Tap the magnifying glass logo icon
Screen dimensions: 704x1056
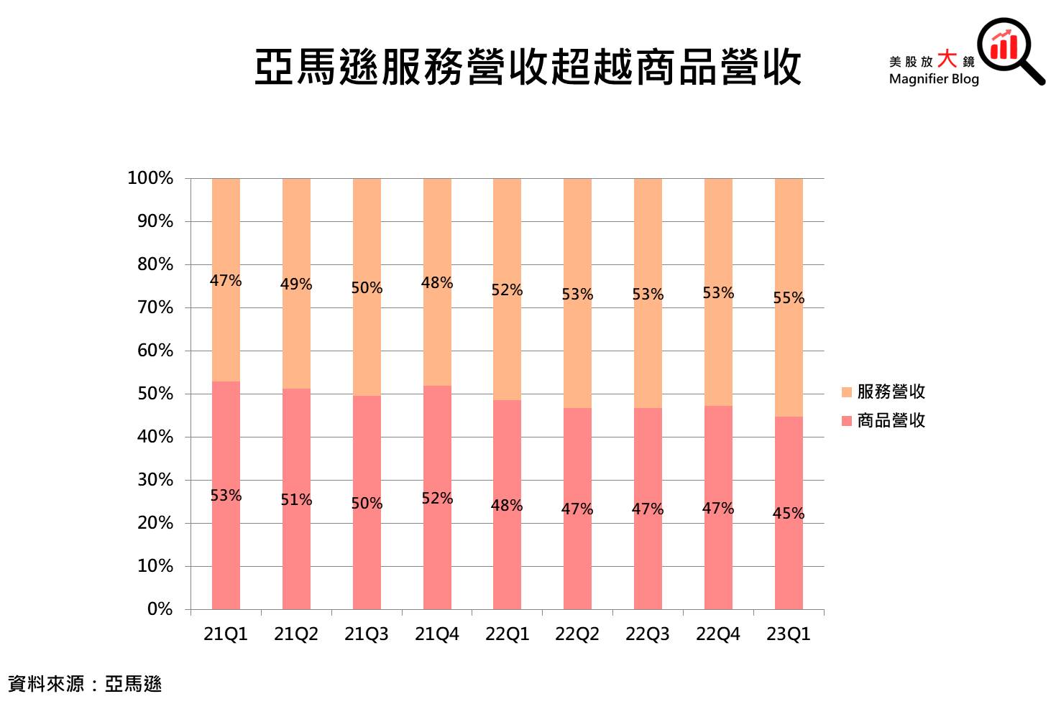pyautogui.click(x=1009, y=48)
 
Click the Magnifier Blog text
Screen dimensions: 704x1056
pyautogui.click(x=933, y=79)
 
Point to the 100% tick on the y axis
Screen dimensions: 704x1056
pyautogui.click(x=150, y=178)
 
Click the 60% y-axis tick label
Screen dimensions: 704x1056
pyautogui.click(x=155, y=351)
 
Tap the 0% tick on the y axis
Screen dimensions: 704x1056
pyautogui.click(x=160, y=609)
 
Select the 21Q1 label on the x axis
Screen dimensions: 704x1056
pyautogui.click(x=226, y=634)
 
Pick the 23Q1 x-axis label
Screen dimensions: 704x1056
pyautogui.click(x=789, y=634)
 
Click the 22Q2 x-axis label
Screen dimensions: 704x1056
pyautogui.click(x=577, y=634)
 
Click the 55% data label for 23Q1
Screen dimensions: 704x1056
pyautogui.click(x=789, y=298)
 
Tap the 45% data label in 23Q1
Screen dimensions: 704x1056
pyautogui.click(x=789, y=514)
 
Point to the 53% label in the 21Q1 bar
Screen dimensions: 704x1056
pyautogui.click(x=226, y=496)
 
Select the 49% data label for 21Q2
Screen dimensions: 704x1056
pyautogui.click(x=296, y=284)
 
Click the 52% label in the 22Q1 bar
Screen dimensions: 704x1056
pyautogui.click(x=507, y=290)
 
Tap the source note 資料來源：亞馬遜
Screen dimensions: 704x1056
pyautogui.click(x=85, y=684)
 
